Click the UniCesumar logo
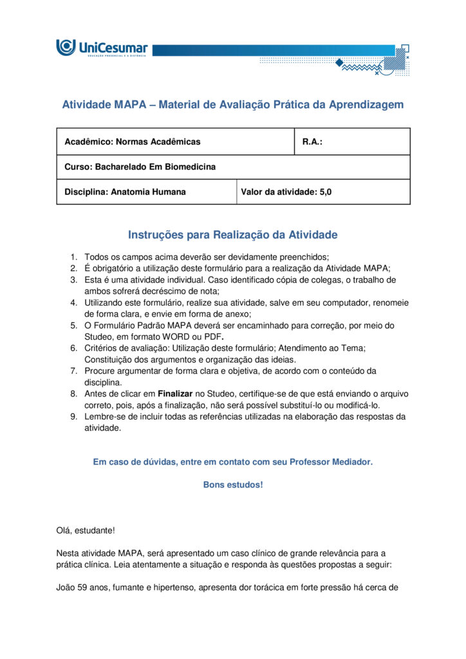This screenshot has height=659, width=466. click(x=102, y=48)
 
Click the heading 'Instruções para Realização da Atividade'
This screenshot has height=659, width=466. click(x=232, y=235)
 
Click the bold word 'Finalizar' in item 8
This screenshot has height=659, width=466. click(x=175, y=393)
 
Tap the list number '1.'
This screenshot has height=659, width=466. click(x=74, y=257)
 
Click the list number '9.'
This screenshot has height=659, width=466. click(x=74, y=416)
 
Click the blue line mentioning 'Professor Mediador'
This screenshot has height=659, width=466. click(x=232, y=462)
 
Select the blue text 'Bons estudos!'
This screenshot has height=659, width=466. click(x=232, y=485)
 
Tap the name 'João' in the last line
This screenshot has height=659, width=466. click(x=66, y=588)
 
